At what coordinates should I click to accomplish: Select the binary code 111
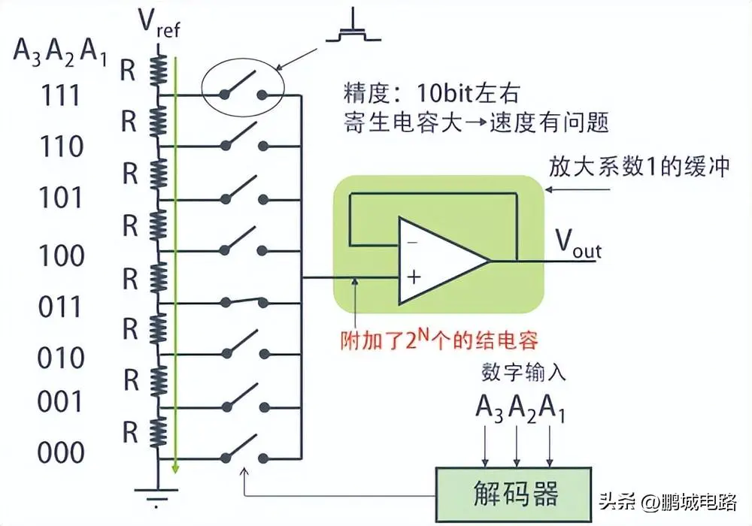(x=61, y=95)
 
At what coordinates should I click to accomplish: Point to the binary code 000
(x=61, y=453)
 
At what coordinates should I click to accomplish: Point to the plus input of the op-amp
(x=412, y=278)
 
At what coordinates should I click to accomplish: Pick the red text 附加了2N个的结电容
(x=439, y=339)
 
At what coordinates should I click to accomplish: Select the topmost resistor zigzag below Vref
(x=158, y=66)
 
